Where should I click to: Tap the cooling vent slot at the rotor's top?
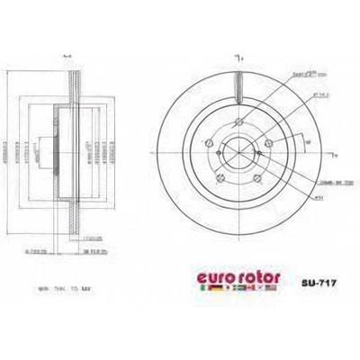238,85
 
